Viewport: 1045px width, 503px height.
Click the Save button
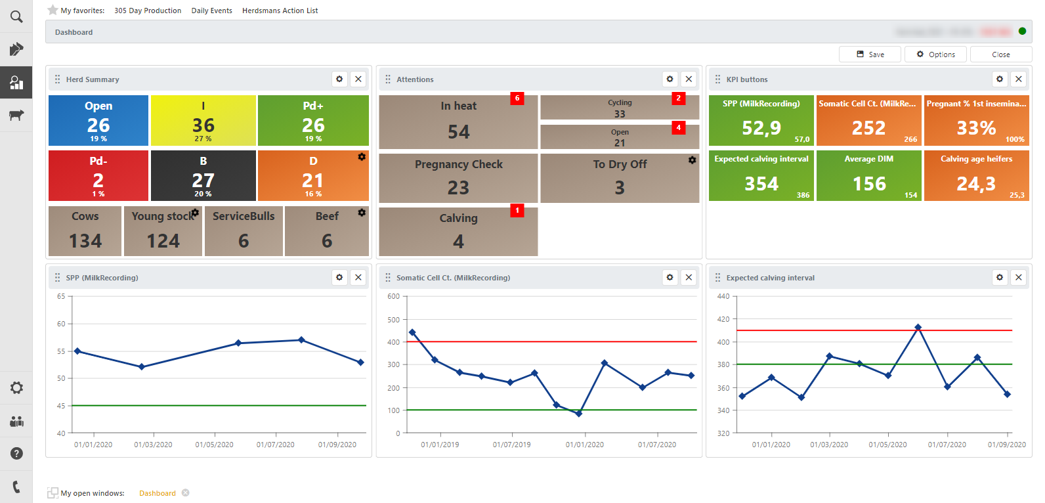coord(870,55)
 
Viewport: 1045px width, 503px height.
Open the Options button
coord(935,55)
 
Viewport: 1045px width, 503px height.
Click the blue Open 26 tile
coord(98,121)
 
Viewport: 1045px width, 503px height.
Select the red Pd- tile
coord(98,176)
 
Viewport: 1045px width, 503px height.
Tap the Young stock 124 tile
coord(163,231)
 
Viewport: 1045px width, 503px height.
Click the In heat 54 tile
coord(458,122)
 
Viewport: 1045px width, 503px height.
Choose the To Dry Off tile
coord(620,178)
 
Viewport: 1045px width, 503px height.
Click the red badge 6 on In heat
coord(517,98)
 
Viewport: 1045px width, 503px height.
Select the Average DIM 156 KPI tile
coord(868,176)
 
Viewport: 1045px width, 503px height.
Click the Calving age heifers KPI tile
coord(976,176)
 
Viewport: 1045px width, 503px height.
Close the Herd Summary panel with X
coord(358,79)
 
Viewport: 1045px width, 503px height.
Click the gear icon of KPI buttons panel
coord(999,79)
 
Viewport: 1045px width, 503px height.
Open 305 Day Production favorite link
coord(148,11)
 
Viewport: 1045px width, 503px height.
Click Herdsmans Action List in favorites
coord(280,11)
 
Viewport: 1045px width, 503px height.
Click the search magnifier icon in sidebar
coord(16,16)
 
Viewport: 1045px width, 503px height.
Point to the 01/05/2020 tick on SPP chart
coord(214,445)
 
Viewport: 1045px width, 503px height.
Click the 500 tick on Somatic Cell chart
coord(394,320)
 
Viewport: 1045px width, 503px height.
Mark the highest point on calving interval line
coord(918,327)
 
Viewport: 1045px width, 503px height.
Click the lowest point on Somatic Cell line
coord(578,414)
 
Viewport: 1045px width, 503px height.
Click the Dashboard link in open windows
coord(158,493)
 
